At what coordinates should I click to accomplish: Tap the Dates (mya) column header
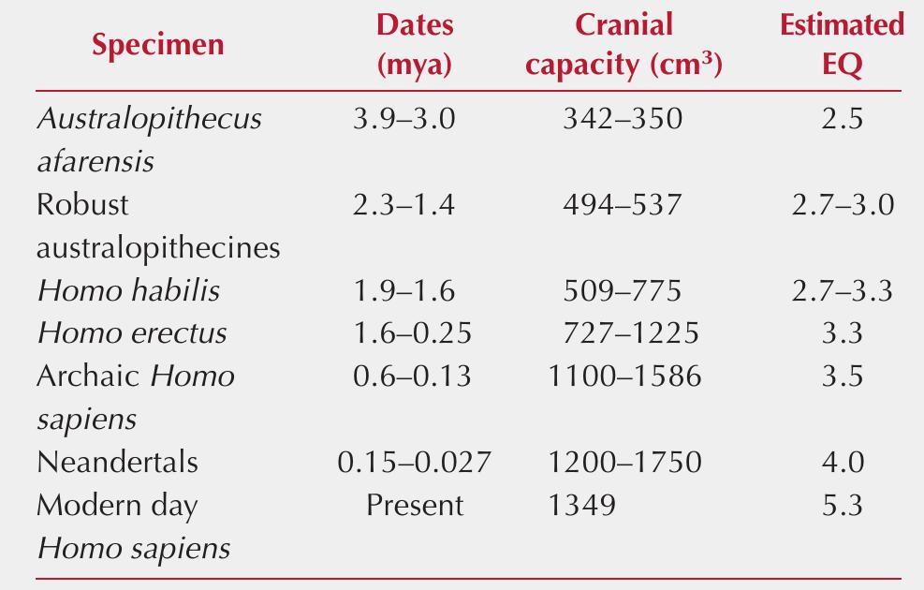tap(414, 46)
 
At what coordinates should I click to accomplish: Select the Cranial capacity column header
tap(624, 46)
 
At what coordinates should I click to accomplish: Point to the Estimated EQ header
tap(842, 46)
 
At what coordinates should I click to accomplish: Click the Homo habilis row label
tap(128, 290)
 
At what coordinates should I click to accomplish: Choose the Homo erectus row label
tap(131, 333)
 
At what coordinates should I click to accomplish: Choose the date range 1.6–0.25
tap(413, 333)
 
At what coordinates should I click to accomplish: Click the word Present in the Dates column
tap(414, 506)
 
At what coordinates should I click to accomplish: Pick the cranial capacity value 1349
tap(582, 506)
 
